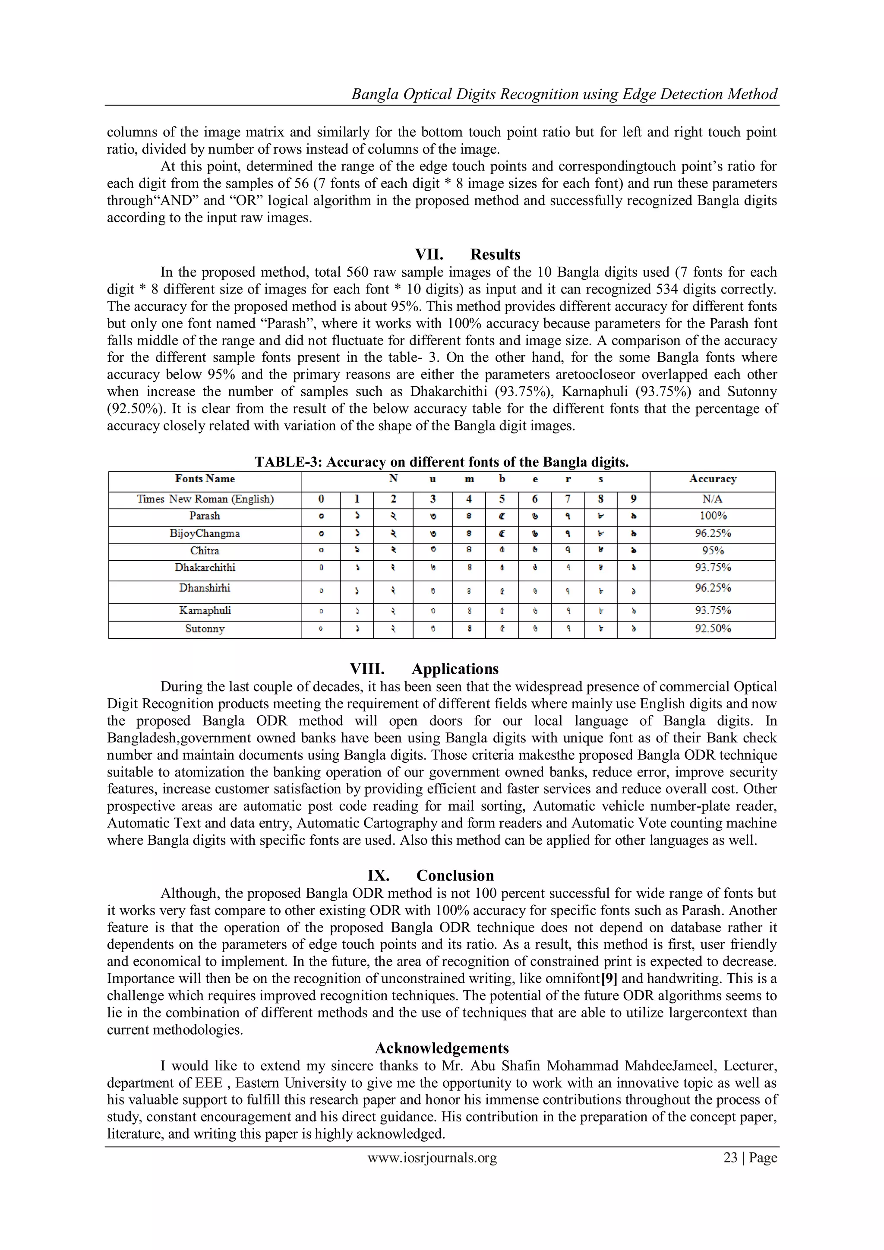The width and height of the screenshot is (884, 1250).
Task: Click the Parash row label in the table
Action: coord(205,515)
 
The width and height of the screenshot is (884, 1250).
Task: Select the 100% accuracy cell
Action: coord(713,515)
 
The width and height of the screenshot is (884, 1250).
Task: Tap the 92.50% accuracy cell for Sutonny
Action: coord(713,629)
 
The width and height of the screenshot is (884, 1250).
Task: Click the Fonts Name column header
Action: coord(205,479)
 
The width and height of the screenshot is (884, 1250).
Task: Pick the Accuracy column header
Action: coord(713,479)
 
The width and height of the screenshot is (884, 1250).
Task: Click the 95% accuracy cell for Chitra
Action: coord(713,550)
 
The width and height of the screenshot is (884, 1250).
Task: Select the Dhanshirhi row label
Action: coord(205,588)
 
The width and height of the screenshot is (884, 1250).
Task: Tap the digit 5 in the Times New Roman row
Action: coord(502,499)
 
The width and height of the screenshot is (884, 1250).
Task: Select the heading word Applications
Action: coord(455,669)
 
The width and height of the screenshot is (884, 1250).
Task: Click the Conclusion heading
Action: coord(455,875)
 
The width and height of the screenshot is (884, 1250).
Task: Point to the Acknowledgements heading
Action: coord(442,1048)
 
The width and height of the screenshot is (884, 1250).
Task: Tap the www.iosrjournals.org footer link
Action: coord(432,1158)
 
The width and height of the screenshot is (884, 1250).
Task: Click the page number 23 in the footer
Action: coord(730,1158)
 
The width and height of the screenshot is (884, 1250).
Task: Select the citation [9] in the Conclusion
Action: coord(609,979)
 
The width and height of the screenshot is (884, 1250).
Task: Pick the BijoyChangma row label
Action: coord(205,533)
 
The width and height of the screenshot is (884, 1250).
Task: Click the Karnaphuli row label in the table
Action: coord(205,610)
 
